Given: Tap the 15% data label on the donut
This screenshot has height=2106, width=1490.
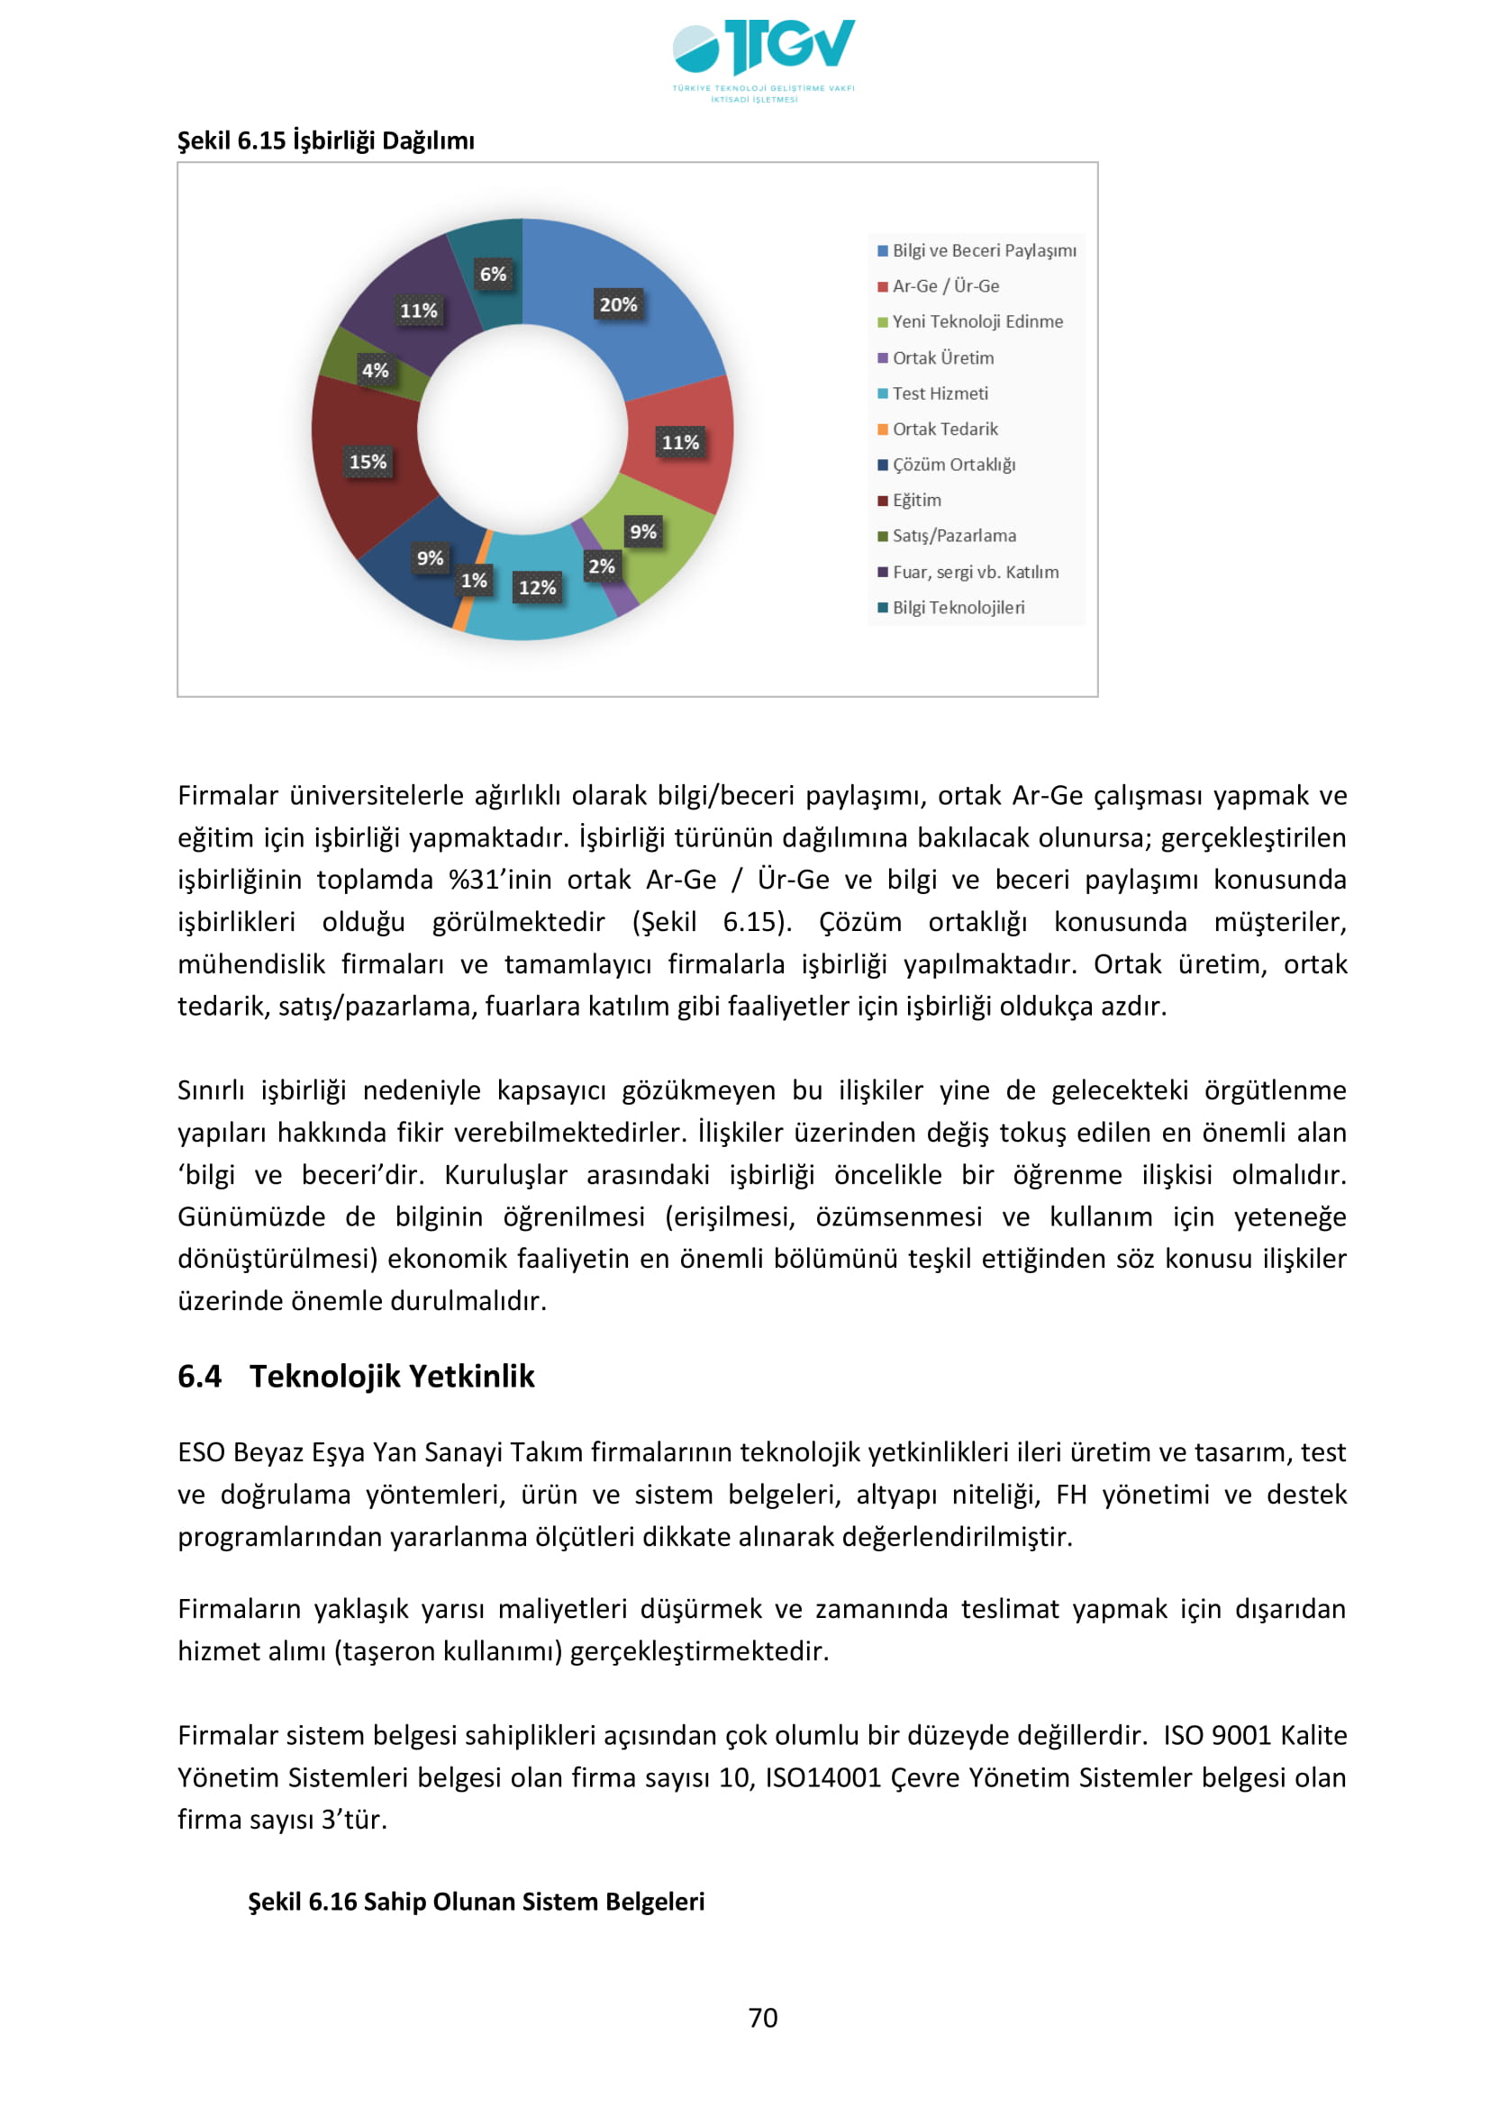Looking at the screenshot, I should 368,461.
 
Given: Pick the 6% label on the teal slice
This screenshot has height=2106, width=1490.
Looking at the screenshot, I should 493,274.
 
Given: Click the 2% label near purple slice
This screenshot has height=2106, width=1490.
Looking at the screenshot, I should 601,566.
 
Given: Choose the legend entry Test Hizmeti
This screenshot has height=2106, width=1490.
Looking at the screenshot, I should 940,393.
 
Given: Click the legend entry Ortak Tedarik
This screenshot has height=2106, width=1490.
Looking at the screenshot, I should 944,429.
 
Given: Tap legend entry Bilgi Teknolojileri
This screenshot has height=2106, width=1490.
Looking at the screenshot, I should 958,607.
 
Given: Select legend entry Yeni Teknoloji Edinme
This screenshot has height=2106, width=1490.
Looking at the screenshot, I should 977,322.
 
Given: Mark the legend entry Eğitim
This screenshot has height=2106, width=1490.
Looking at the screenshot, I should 916,500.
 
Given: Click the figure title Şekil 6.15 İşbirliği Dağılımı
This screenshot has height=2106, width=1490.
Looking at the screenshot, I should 326,140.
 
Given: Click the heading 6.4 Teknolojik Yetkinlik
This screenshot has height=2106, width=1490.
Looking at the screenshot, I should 356,1376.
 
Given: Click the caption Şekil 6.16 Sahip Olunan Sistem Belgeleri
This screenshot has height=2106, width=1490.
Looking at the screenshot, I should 477,1902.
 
